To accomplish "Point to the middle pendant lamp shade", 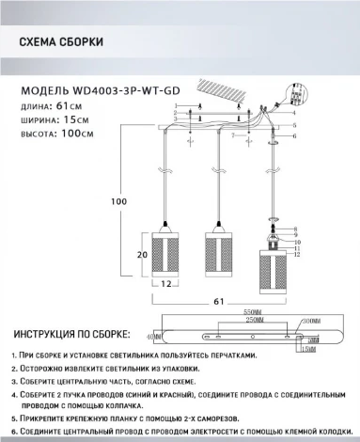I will click(219, 250).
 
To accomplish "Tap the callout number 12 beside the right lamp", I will click(298, 254).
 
